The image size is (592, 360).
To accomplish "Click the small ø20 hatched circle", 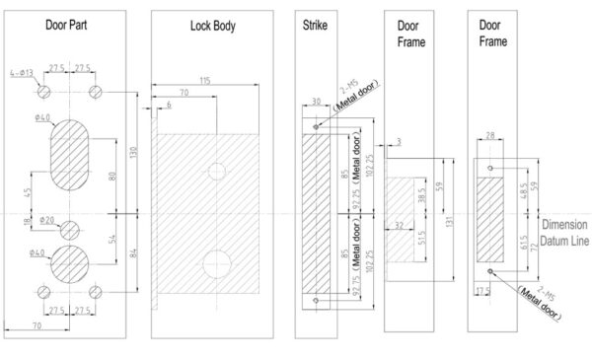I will [x=68, y=231].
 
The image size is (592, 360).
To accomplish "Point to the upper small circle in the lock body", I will [x=216, y=172].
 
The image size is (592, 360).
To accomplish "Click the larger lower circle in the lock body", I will [x=215, y=263].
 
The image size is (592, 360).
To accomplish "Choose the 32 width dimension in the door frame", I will [x=398, y=225].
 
